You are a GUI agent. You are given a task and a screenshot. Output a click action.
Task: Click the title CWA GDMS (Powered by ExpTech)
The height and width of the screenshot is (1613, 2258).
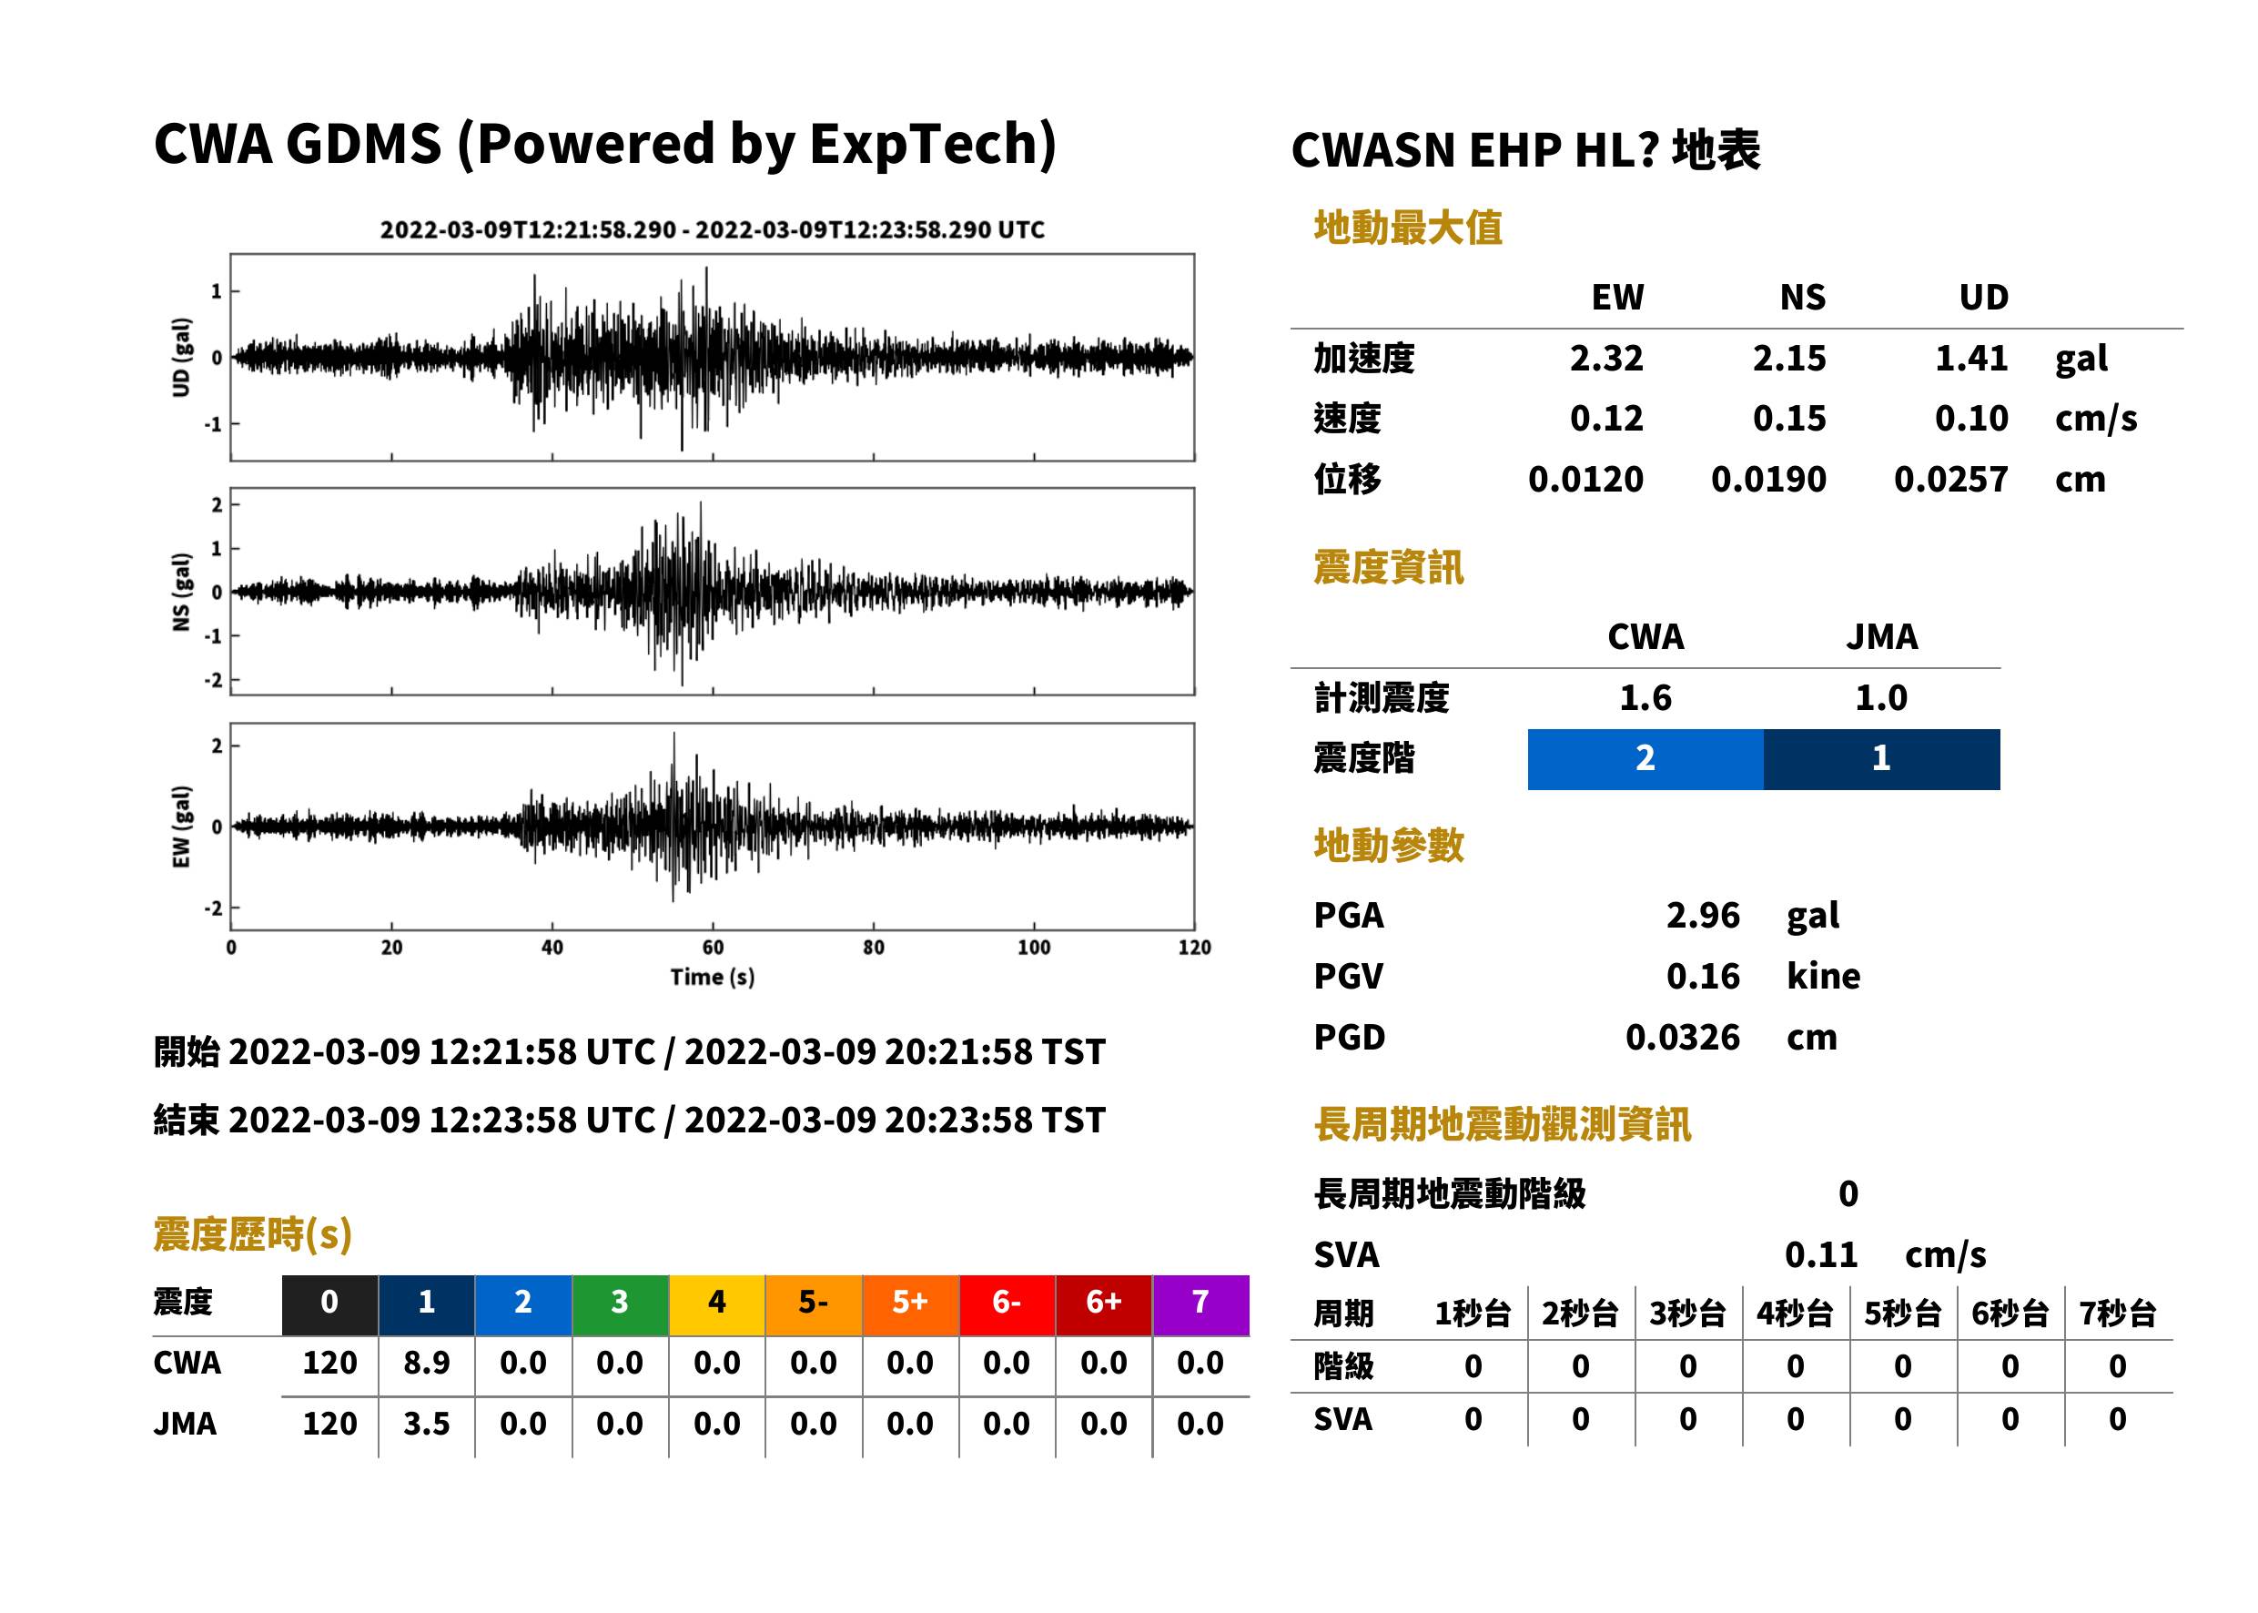tap(604, 144)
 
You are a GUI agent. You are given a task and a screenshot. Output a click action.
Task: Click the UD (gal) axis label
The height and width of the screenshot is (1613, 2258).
tap(181, 358)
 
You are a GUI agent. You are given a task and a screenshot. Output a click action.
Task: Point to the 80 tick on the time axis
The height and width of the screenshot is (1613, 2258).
tap(873, 947)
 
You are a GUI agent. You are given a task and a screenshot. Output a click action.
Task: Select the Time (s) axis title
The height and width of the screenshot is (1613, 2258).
tap(712, 978)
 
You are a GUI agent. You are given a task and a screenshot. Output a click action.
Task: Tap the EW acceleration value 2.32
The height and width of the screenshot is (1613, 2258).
tap(1605, 358)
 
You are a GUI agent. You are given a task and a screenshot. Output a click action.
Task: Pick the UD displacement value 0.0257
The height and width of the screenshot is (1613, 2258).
tap(1950, 479)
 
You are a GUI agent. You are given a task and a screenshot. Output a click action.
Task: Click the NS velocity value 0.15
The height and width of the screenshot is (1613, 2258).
tap(1788, 418)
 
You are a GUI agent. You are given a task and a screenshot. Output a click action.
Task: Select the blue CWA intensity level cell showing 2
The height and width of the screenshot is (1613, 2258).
tap(1645, 759)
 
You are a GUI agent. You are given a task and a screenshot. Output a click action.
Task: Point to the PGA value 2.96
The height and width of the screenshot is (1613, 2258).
tap(1703, 915)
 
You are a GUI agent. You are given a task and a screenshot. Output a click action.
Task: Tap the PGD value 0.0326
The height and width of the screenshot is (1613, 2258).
tap(1682, 1037)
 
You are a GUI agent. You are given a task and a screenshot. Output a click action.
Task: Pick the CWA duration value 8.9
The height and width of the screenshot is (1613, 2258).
tap(426, 1363)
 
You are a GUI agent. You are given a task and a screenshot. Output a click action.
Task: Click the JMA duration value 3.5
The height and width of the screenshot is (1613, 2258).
tap(426, 1424)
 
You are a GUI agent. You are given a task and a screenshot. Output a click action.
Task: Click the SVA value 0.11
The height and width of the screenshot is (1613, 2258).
tap(1821, 1254)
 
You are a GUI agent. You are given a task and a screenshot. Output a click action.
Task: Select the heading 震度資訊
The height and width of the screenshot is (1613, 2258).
tap(1388, 567)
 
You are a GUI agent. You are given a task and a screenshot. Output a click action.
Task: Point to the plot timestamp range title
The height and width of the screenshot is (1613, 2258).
tap(712, 229)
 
